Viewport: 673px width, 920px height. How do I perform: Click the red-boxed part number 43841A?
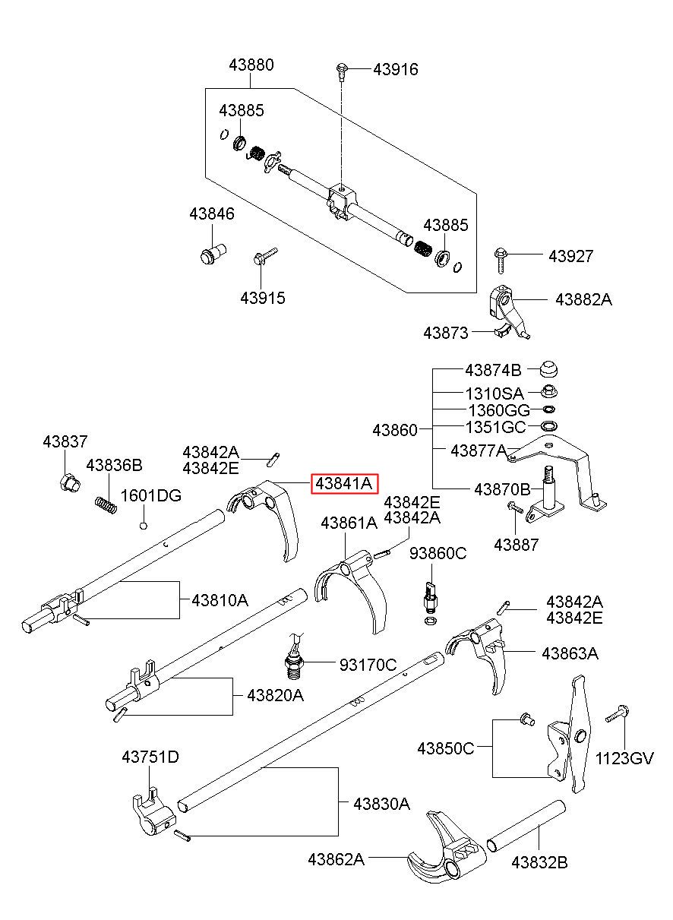pos(343,484)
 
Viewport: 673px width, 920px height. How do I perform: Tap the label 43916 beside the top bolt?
pos(396,69)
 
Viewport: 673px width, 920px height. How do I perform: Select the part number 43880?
pos(251,65)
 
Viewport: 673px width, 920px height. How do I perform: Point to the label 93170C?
pos(368,665)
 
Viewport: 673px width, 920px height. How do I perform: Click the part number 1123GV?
pos(624,758)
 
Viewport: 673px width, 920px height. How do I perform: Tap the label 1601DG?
pos(150,496)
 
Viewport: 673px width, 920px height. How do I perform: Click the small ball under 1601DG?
pos(144,525)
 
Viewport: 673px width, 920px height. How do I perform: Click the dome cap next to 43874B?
pos(548,369)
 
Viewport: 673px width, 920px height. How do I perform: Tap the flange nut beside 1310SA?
pos(549,391)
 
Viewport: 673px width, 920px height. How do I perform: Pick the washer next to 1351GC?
pos(549,425)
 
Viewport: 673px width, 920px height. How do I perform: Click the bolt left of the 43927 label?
pos(501,260)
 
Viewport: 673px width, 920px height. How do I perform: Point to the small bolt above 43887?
pos(515,507)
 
